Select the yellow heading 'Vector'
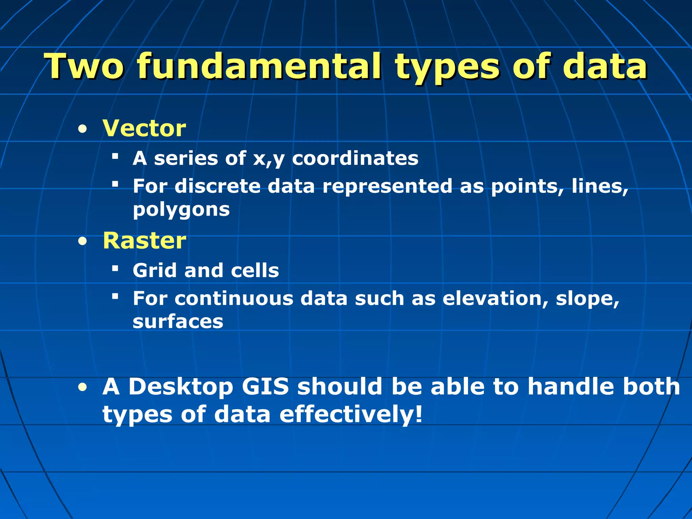(x=144, y=128)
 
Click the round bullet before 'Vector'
(x=82, y=129)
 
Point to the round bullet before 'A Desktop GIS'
(x=82, y=388)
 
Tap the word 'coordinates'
(x=355, y=158)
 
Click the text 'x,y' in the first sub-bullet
(x=269, y=159)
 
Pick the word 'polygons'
(x=181, y=210)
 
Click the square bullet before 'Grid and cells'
(x=115, y=269)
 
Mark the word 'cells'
(x=255, y=270)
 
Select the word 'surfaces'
(x=178, y=322)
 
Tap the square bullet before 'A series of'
(x=115, y=156)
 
